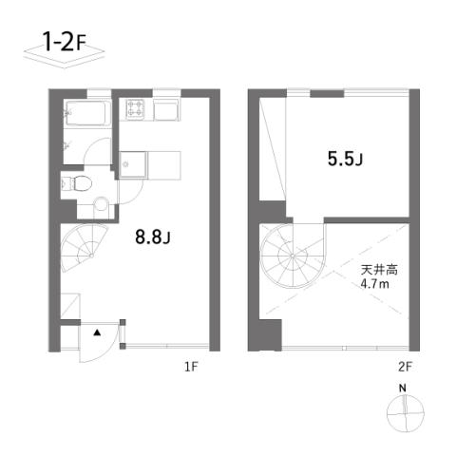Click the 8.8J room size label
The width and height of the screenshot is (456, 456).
point(153,237)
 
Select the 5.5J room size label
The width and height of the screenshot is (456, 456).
point(345,159)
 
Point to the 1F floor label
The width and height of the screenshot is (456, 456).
point(191,367)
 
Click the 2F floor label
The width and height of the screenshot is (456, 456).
point(406,367)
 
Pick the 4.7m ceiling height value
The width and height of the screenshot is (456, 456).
point(375,284)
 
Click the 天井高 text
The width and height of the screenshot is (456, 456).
point(379,270)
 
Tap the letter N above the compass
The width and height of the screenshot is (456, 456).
point(403,389)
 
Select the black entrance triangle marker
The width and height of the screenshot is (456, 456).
point(97,332)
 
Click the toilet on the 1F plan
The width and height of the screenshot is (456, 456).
point(80,183)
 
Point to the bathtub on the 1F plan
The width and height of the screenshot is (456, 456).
point(85,113)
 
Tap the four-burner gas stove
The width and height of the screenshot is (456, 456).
point(136,108)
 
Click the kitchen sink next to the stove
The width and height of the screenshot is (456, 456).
point(166,109)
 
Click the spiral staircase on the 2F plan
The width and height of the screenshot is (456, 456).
point(293,256)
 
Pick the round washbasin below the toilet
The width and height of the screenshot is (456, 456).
point(102,203)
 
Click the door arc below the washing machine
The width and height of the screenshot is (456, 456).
point(139,195)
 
